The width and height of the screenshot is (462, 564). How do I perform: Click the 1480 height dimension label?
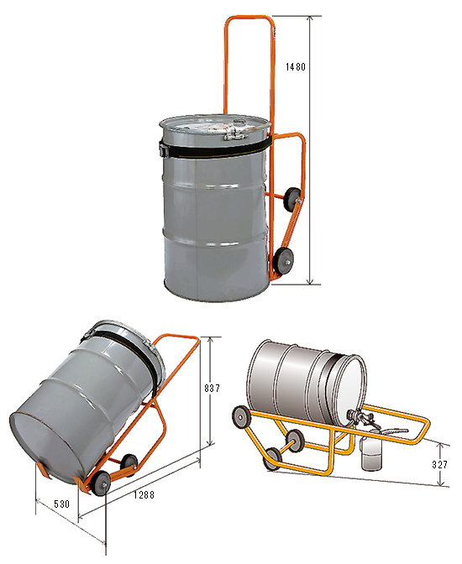pos(296,67)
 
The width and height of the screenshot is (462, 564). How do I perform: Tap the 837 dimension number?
pos(212,388)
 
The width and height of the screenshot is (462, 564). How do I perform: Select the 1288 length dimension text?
pos(144,495)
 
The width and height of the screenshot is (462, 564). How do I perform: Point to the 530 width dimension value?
pos(62,504)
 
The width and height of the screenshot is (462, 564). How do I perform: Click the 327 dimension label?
pos(439,464)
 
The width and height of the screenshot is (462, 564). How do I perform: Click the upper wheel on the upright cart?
pos(291,198)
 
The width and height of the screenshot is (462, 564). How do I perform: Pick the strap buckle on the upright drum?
pos(164,149)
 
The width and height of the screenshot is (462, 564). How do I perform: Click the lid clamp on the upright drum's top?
pos(234,135)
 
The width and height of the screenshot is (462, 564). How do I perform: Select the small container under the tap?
pos(372,451)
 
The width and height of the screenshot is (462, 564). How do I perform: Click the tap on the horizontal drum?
pos(360,417)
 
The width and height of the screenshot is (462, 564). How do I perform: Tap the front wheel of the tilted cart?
pos(101,483)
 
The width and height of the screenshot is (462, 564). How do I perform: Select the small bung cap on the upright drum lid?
pos(239,122)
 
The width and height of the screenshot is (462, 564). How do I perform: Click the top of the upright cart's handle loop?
pos(249,17)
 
